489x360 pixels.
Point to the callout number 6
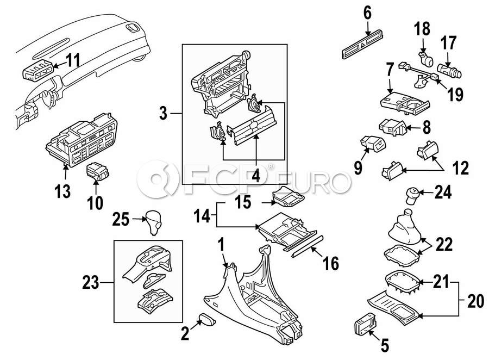(367, 13)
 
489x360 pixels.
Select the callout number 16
(330, 265)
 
